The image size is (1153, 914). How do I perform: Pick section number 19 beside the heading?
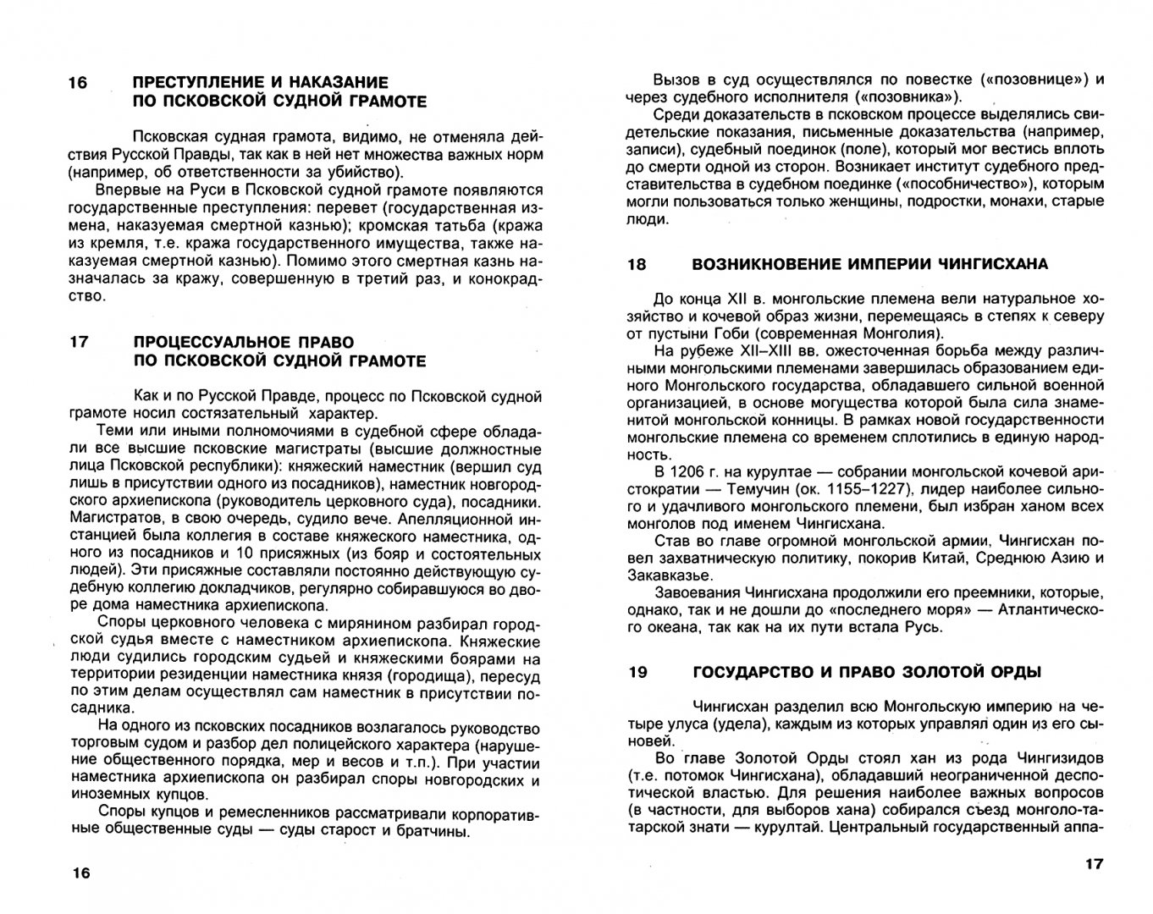tap(637, 672)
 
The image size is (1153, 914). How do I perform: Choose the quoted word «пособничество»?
tap(937, 184)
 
